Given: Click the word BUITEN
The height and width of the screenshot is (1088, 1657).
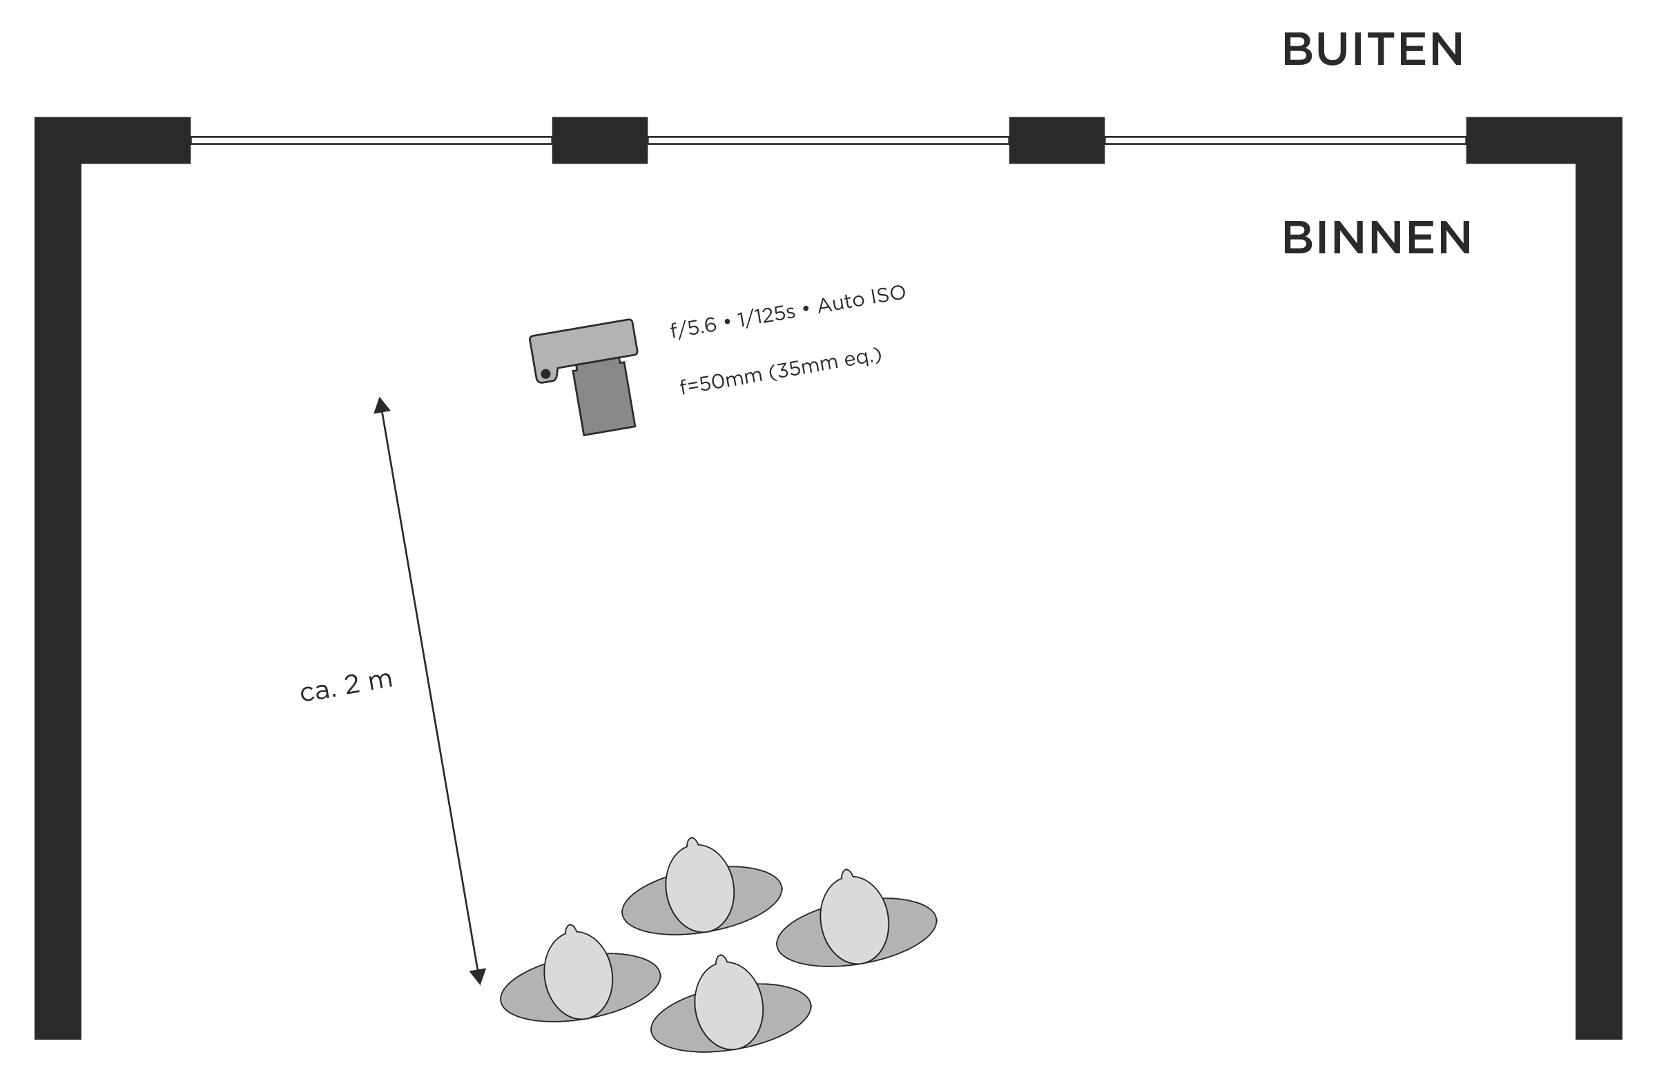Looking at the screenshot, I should coord(1373,50).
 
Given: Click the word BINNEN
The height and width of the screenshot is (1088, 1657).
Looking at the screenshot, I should coord(1377,238).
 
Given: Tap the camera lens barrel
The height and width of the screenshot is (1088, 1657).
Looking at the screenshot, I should coord(603,397).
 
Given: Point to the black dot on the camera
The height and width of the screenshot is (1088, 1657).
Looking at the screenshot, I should coord(546,373).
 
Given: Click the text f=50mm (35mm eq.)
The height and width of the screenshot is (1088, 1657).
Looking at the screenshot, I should coord(780,371).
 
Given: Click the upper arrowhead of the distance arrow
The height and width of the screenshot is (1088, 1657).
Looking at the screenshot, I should coord(381,406).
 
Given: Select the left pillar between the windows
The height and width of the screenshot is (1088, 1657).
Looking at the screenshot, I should coord(599,141).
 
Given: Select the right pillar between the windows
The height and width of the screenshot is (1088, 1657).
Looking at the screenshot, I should coord(1056,141).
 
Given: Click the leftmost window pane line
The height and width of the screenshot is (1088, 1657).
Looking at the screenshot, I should coord(371,141).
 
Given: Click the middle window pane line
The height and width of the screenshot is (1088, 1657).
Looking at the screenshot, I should coord(828,141).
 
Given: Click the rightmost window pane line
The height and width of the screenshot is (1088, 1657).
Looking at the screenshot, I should coord(1286,141).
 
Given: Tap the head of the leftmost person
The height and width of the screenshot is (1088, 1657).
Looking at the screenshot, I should coord(578,975).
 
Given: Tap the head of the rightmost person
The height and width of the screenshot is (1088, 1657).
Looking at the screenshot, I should coord(854,920).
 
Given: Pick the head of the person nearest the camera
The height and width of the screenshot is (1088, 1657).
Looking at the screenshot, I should coord(699,888).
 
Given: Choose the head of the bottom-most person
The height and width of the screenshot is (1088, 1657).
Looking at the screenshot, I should coord(729,1005).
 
